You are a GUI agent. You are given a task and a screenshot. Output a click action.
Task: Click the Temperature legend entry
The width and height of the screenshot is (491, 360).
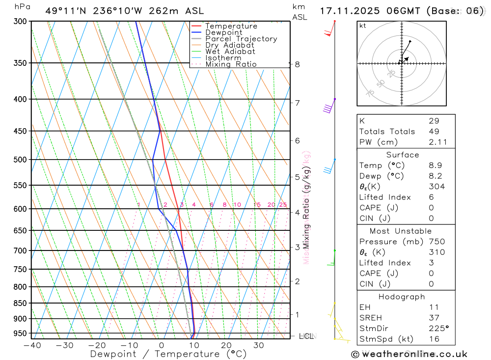pos(231,26)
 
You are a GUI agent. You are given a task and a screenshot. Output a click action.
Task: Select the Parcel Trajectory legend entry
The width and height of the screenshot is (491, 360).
pos(241,39)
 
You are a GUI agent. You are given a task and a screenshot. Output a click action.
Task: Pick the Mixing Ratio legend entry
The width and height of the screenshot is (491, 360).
pos(231,64)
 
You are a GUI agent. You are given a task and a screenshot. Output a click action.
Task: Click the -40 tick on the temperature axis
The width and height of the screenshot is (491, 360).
pos(32,345)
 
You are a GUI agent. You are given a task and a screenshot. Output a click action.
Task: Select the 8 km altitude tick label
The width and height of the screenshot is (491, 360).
pos(297,64)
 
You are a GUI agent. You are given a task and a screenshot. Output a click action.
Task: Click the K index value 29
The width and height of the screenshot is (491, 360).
pos(434,121)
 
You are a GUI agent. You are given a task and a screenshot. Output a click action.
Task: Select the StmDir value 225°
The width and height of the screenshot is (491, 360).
pos(438,329)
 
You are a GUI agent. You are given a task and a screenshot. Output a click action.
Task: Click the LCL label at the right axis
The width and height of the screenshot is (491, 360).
pos(306,336)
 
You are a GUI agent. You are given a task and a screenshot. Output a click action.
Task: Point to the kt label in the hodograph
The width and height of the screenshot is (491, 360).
pos(363,26)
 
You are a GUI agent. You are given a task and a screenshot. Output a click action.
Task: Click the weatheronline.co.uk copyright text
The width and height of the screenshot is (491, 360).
pos(409,354)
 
